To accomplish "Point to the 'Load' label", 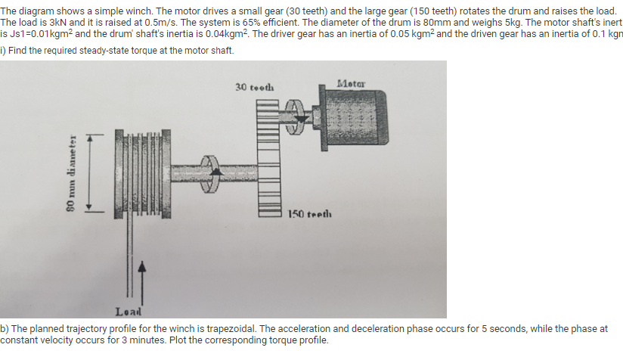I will [x=128, y=311].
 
